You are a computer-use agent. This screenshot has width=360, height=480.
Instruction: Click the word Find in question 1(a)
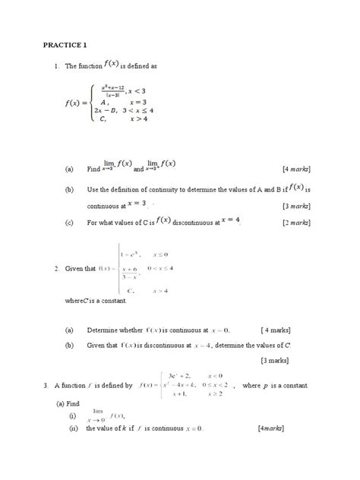[93, 169]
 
